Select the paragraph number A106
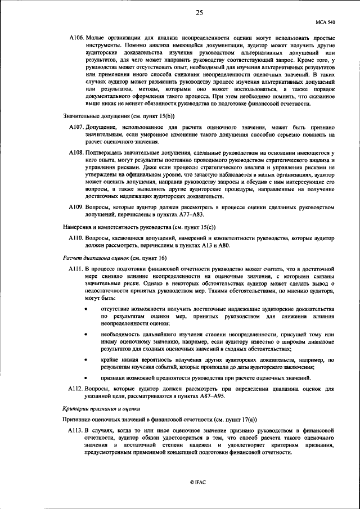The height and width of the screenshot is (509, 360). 76,37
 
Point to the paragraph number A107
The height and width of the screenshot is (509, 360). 76,128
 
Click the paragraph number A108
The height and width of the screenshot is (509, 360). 76,152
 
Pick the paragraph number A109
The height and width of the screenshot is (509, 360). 76,207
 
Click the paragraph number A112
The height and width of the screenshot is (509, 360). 76,388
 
